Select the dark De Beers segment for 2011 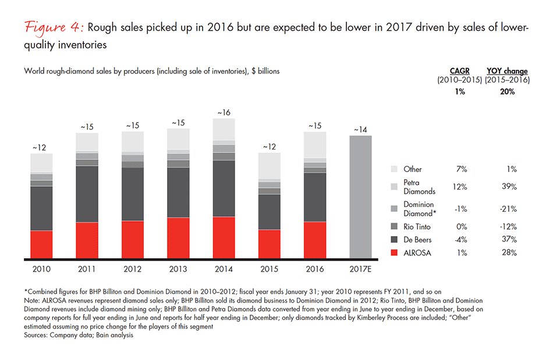(x=87, y=194)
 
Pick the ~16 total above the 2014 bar (x=224, y=112)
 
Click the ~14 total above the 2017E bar (x=360, y=130)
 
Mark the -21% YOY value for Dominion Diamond (x=508, y=209)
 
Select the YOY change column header (x=507, y=71)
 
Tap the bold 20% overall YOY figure (x=507, y=91)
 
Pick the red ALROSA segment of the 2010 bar (x=42, y=244)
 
